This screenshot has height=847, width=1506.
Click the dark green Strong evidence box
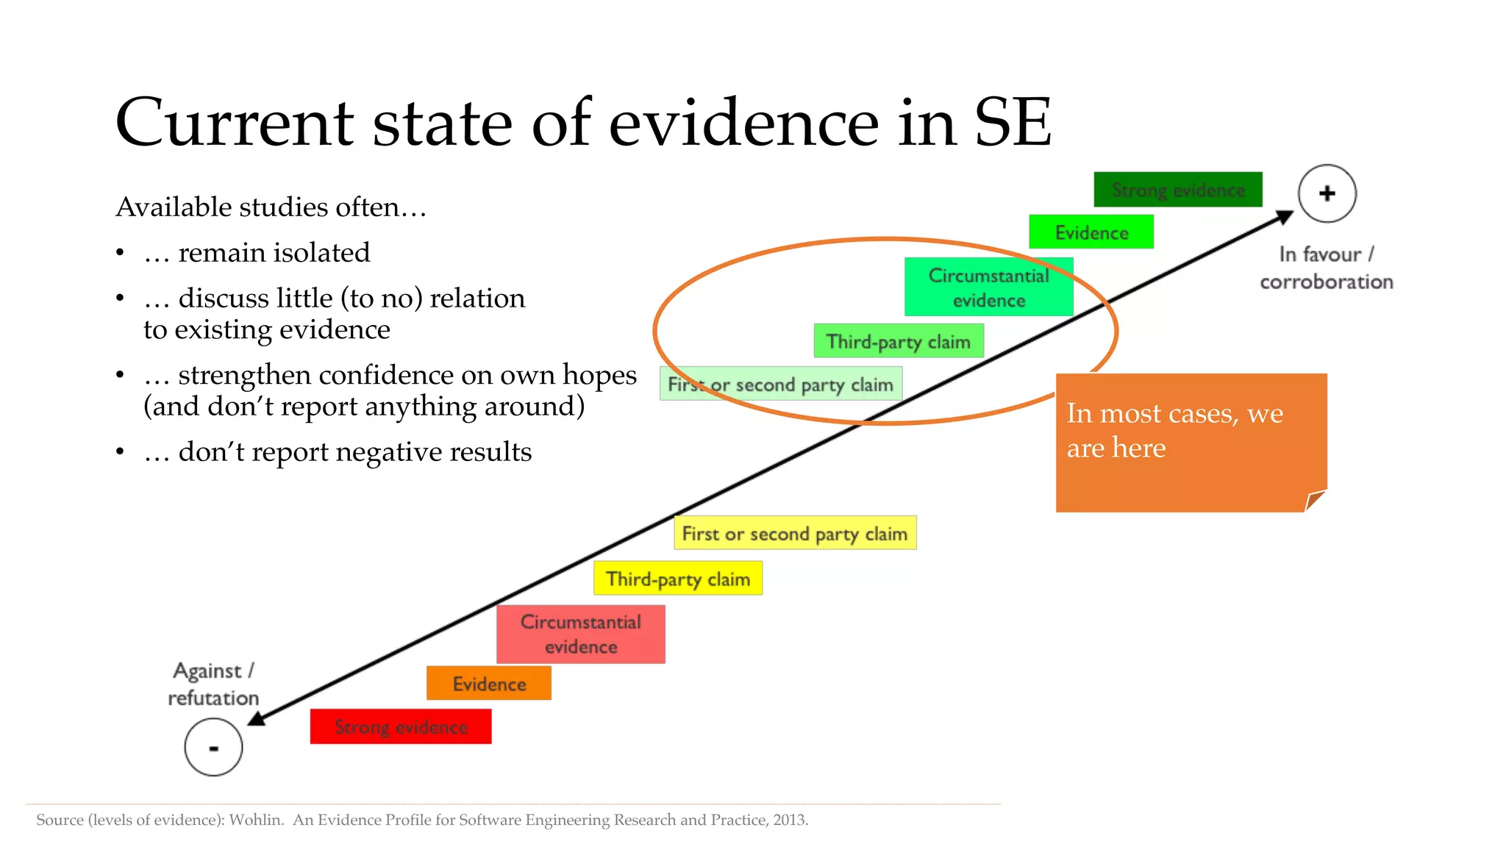(1177, 190)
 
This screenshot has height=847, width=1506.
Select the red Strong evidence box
(401, 726)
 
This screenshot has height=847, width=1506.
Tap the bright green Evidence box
(1091, 232)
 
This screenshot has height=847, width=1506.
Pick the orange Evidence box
(489, 684)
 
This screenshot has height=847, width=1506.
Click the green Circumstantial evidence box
(988, 287)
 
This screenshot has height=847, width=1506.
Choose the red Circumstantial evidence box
(581, 635)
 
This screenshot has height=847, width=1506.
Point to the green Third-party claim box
(899, 342)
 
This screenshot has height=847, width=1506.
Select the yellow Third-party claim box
(678, 579)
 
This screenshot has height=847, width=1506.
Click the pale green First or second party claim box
(780, 385)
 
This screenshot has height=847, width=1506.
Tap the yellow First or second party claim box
(795, 533)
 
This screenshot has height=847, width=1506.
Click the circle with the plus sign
(1327, 193)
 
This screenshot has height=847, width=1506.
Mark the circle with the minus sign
(213, 748)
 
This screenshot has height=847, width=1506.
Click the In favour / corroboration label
(1326, 268)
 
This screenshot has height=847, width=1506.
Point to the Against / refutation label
(213, 684)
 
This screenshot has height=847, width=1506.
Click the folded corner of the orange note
(1315, 501)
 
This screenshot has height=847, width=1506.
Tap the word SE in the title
(1013, 123)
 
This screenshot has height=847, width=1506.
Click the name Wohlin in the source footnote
(255, 820)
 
